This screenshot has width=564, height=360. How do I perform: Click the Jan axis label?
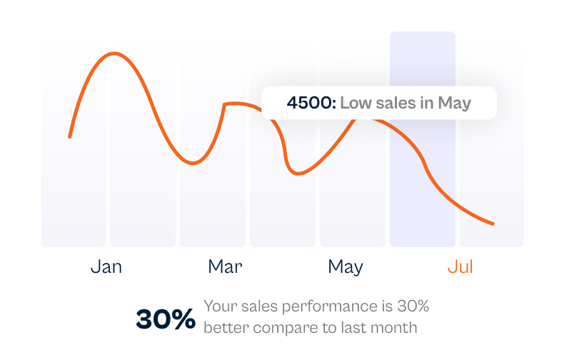[106, 267]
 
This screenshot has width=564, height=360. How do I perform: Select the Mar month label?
[225, 267]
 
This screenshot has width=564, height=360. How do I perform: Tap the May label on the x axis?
[346, 267]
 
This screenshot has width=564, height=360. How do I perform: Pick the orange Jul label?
[460, 267]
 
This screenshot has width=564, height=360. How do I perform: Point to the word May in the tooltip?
[455, 103]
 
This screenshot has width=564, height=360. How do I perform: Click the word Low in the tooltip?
[355, 103]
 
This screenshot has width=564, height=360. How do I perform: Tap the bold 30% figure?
[166, 319]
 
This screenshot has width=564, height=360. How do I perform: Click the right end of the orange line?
[493, 224]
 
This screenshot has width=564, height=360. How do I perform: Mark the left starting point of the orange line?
[69, 136]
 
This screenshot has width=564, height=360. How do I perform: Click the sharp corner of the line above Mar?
[225, 105]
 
